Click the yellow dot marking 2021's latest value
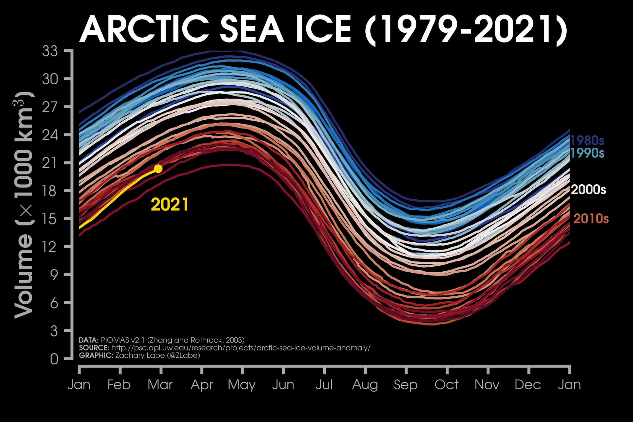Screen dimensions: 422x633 click(x=158, y=169)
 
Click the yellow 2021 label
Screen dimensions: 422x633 click(x=169, y=205)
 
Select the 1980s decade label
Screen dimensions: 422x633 click(x=587, y=141)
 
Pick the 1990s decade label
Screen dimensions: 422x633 click(x=587, y=153)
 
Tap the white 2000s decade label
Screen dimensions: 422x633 click(x=588, y=190)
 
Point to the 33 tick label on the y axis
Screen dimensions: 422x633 click(x=50, y=51)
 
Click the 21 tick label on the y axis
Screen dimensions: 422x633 click(x=50, y=163)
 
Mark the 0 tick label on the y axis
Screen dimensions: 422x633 click(x=54, y=359)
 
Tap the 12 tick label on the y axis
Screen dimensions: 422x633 click(x=50, y=247)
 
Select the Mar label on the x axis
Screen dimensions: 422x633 click(x=160, y=385)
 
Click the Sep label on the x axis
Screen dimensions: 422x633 click(x=406, y=385)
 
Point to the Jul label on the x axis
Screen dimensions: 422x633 click(x=324, y=385)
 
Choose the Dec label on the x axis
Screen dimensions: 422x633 click(x=528, y=385)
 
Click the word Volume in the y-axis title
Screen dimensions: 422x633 click(x=24, y=276)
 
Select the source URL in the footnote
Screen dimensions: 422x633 click(x=241, y=348)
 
